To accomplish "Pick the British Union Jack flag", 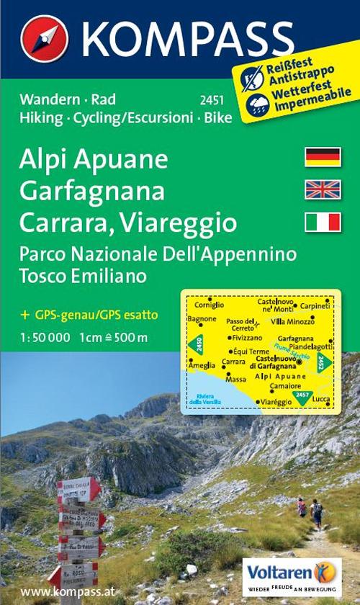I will coord(323,189).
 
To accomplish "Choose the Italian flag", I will coord(323,223).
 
